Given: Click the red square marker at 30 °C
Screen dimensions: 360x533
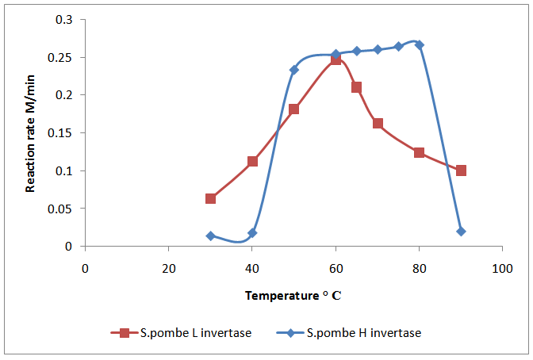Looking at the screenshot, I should coord(210,198).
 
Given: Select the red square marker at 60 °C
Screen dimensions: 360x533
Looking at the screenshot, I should coord(336,59).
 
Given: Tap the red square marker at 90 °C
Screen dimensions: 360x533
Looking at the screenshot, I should coord(461,170).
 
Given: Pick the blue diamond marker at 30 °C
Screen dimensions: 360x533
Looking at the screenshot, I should coord(210,236).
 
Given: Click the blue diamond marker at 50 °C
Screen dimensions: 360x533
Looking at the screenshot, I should coord(294,70).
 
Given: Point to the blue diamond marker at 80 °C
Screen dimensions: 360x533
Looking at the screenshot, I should coord(420,44).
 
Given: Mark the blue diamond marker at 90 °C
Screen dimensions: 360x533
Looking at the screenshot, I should coord(461,232).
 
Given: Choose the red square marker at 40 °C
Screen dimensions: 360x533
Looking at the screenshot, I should coord(252,161).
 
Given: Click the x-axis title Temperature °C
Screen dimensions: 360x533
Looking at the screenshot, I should coord(293,296).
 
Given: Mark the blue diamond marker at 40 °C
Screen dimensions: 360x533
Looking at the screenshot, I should coord(252,233).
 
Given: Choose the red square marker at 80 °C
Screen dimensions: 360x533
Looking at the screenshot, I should coord(419,152).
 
